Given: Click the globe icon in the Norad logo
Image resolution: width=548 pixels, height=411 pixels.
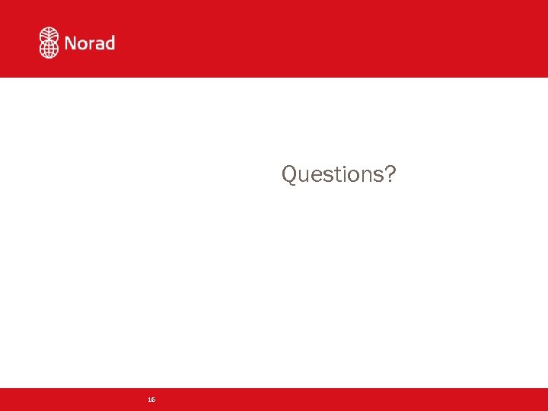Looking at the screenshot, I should click(49, 43).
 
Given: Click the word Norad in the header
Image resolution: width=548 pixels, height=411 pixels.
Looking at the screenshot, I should click(90, 43).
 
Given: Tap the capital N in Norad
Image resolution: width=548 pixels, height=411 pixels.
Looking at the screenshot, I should click(72, 43).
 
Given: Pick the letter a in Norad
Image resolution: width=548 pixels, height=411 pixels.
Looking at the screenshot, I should click(100, 44).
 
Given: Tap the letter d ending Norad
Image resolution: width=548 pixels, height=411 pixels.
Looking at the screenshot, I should click(110, 43).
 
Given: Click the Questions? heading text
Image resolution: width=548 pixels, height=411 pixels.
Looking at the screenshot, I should click(339, 174).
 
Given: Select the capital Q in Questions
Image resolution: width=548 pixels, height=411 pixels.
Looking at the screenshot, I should click(290, 174).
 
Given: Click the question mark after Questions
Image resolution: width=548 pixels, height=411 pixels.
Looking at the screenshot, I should click(390, 174).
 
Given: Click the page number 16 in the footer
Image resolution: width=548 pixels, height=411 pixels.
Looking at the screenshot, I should click(151, 400).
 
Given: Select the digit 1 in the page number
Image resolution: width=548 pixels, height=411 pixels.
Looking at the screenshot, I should click(150, 400).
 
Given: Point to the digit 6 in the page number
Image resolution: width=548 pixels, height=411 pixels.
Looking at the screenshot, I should click(154, 400).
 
